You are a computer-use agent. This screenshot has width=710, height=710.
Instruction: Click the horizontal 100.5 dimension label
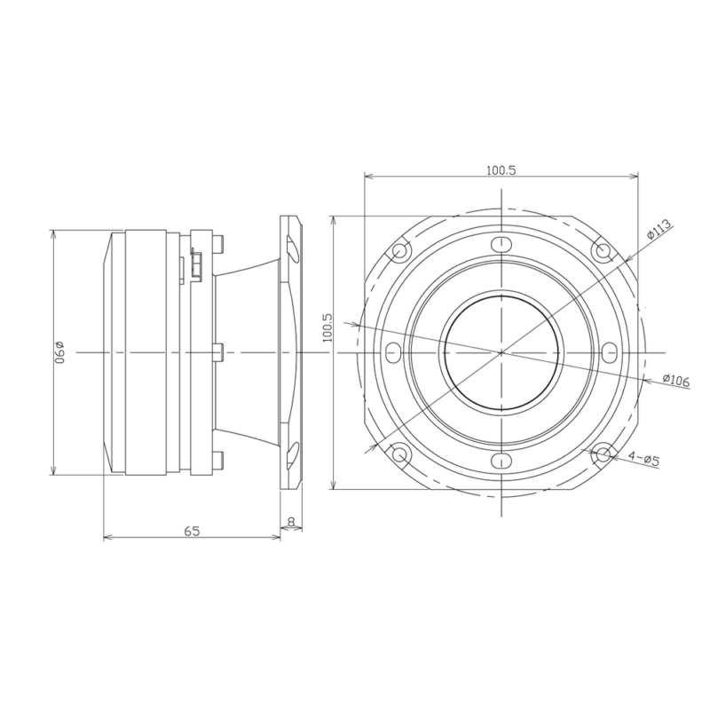pos(501,170)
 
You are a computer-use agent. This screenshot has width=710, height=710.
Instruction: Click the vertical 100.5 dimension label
pos(327,327)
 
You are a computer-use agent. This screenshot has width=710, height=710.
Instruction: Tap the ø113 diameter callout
pos(659,230)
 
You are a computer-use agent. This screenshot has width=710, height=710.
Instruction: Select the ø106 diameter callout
pos(676,381)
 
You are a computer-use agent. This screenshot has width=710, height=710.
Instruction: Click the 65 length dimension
pos(192,531)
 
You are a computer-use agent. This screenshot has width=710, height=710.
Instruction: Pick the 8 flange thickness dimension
pos(291,522)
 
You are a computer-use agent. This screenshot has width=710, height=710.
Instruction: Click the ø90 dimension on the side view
pos(59,352)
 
